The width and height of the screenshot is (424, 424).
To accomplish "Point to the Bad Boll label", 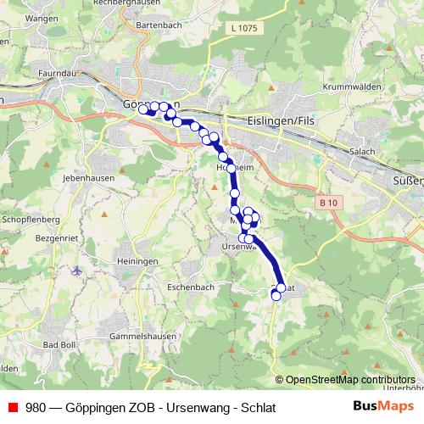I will (x=60, y=344).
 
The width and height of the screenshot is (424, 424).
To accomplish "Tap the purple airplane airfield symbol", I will (x=78, y=271).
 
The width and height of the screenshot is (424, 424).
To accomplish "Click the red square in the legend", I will (x=13, y=407).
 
